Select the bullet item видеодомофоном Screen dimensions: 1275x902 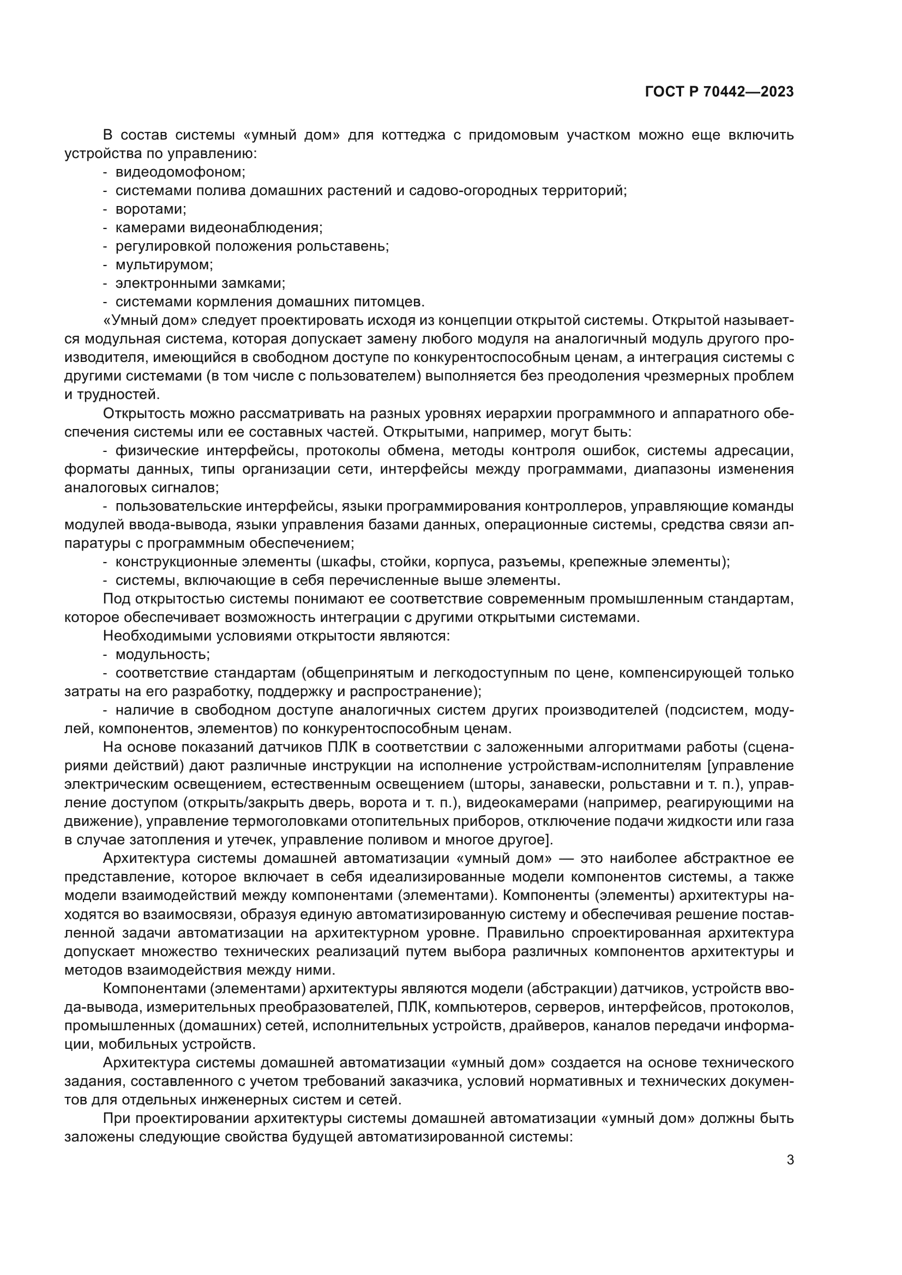click(180, 172)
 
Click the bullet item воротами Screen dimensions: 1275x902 click(151, 209)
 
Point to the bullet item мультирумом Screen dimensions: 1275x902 click(164, 265)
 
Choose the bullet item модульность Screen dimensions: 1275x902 click(162, 654)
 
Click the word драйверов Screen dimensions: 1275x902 click(546, 1026)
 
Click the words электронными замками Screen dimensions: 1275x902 click(200, 284)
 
